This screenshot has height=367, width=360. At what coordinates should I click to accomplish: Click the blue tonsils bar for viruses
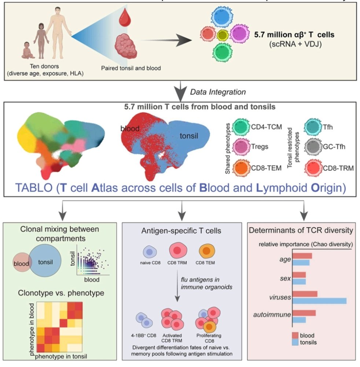click(319, 301)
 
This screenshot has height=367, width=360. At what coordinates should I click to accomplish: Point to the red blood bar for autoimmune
click(304, 313)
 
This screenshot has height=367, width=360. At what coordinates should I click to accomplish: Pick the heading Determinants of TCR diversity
click(300, 231)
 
